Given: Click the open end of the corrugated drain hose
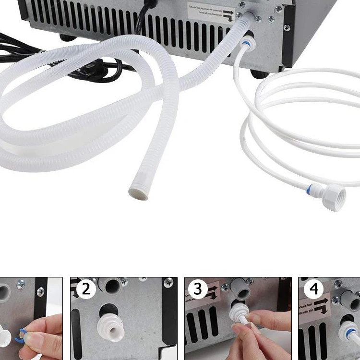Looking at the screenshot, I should pyautogui.click(x=138, y=193).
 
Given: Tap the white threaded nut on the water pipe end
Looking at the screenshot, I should pyautogui.click(x=334, y=197).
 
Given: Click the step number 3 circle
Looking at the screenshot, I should pyautogui.click(x=198, y=289).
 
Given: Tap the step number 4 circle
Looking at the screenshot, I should pyautogui.click(x=314, y=289).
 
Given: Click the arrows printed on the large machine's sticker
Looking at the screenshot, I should pyautogui.click(x=228, y=14).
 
